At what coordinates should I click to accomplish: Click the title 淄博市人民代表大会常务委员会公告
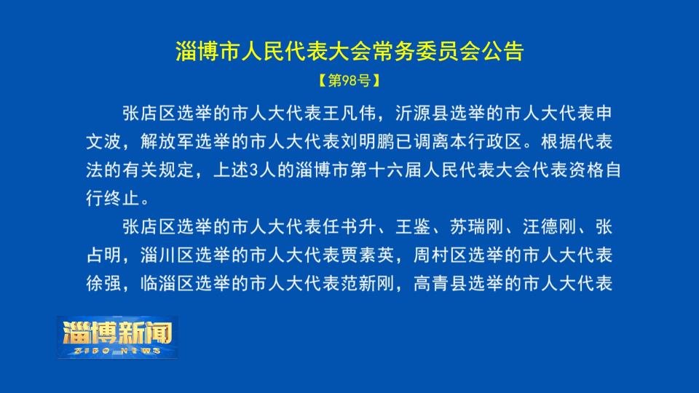349,52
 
